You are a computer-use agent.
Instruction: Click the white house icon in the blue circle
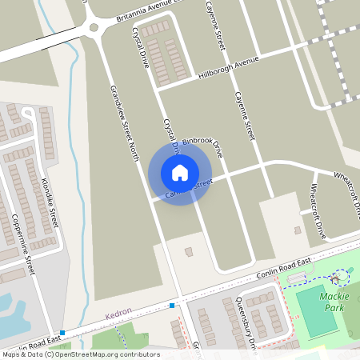tap(180, 173)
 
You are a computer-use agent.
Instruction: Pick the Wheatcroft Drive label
tap(318, 211)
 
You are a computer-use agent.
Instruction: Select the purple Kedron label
tap(118, 318)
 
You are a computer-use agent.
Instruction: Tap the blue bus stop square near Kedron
tap(172, 305)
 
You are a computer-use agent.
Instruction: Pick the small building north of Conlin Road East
tap(189, 252)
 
